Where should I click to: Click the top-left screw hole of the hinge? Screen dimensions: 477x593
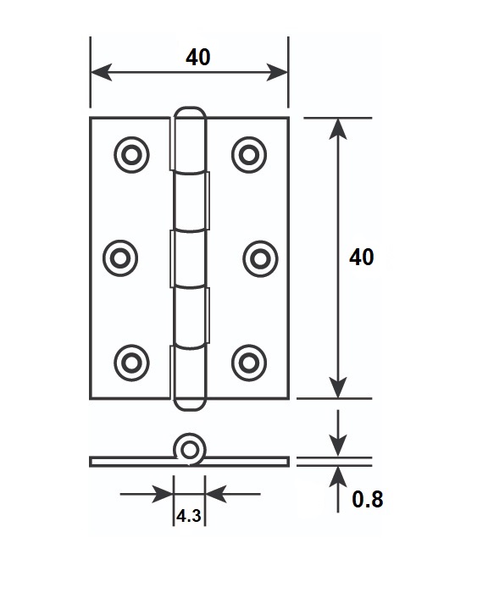131,155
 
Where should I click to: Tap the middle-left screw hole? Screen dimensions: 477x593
120,258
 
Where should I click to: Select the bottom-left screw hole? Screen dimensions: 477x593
131,363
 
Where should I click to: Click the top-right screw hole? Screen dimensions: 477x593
249,155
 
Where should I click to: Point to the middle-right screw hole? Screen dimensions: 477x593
260,258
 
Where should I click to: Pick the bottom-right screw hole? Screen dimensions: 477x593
249,363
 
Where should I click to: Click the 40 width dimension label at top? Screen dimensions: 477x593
198,58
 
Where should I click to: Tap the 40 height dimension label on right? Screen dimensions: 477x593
361,258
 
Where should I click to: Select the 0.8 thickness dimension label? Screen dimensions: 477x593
368,499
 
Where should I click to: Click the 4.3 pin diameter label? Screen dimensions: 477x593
189,515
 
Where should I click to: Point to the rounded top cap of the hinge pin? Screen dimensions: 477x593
190,114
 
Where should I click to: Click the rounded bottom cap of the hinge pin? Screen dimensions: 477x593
190,403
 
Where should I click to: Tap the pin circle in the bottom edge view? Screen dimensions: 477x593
190,450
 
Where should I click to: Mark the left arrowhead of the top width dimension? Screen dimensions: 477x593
102,72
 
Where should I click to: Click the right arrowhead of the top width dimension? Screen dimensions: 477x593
277,72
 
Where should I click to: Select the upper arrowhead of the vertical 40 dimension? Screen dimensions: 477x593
338,129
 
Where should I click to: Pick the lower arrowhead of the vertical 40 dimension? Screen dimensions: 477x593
338,388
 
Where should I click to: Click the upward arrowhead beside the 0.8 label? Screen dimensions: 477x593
338,476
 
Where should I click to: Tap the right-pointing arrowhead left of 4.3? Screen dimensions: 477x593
163,494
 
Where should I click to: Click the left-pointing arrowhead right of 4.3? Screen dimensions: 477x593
215,494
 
